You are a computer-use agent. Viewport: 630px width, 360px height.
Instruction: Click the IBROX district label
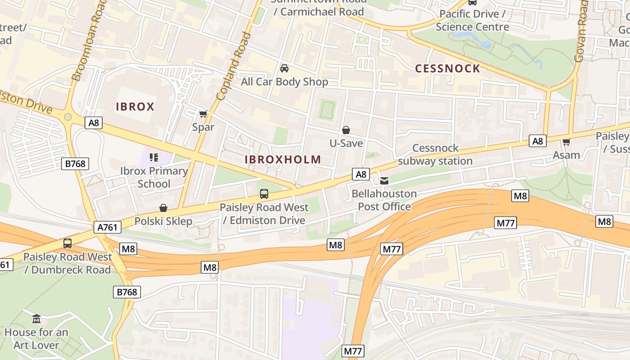tap(135, 107)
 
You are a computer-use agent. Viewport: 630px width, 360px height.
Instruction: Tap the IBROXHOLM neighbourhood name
tap(283, 159)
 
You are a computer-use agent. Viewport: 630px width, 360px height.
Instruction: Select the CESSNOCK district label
tap(448, 68)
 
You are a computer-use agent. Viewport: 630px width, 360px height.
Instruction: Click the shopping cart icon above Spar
tap(203, 114)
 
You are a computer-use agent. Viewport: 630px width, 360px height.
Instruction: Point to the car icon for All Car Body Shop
tap(284, 68)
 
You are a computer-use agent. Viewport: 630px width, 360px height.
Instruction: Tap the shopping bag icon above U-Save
tap(346, 130)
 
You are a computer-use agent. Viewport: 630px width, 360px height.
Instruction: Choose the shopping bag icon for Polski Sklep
tap(163, 208)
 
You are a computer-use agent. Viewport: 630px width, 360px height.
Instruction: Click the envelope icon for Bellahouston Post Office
tap(384, 181)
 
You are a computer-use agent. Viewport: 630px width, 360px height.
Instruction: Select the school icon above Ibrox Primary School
tap(154, 157)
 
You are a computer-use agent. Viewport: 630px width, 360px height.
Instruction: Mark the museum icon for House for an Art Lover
tap(36, 319)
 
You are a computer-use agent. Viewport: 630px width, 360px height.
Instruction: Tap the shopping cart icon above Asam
tap(566, 142)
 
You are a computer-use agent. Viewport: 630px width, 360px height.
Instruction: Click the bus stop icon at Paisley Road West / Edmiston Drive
tap(264, 194)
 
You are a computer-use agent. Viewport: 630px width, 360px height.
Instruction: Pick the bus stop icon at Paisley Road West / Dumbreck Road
tap(67, 243)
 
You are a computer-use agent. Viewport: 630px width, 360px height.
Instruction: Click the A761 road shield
tap(108, 228)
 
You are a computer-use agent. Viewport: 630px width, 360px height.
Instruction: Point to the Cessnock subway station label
tap(435, 154)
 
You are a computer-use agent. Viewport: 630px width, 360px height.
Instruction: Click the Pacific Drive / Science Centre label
tap(472, 20)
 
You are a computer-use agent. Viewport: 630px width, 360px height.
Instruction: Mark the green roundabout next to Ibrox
tap(68, 117)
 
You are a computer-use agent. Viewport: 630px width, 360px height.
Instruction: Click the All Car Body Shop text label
tap(284, 82)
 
